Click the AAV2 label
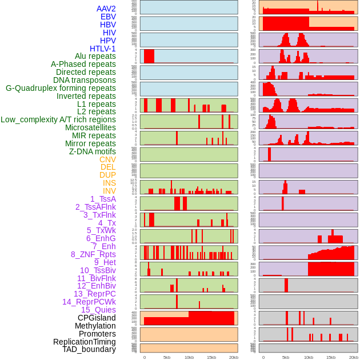point(106,9)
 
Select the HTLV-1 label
point(103,49)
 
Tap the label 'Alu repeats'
point(95,56)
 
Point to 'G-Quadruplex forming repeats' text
point(61,88)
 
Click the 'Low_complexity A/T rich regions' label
point(58,119)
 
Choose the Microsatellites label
point(90,127)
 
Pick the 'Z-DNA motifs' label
point(93,151)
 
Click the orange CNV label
point(107,159)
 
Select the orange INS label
point(109,183)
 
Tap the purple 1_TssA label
point(103,199)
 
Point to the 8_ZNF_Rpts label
point(93,254)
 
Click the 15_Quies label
point(98,310)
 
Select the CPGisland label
point(97,318)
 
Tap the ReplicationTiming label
point(85,342)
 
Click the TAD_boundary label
point(89,349)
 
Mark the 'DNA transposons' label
point(85,80)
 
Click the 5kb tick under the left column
point(167,357)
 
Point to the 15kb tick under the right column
point(331,357)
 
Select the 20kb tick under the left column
point(234,357)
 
